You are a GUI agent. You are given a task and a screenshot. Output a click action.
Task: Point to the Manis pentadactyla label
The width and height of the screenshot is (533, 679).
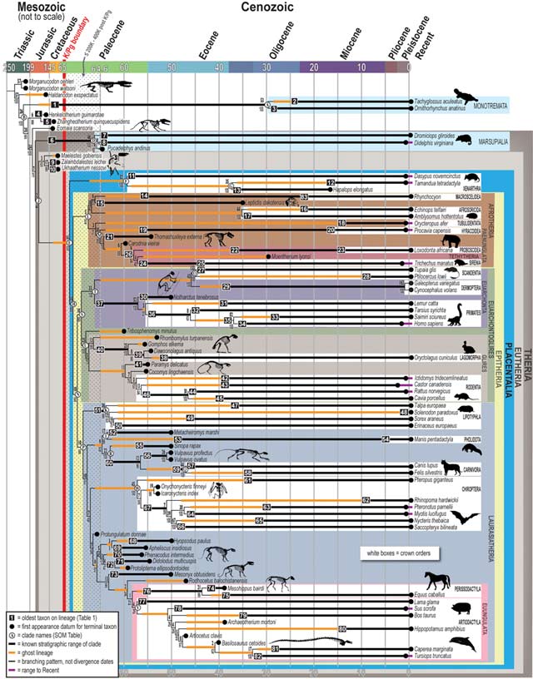(430, 438)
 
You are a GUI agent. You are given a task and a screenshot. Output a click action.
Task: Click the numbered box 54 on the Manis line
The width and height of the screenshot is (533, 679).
(386, 438)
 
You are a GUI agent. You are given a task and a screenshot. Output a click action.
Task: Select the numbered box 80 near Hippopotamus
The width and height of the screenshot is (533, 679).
(341, 629)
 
